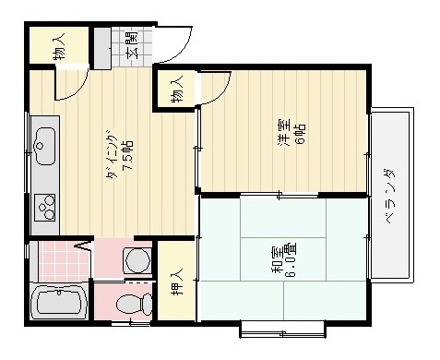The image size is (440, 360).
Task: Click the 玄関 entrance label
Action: coord(132,45)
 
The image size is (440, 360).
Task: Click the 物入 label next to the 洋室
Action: coord(175,90)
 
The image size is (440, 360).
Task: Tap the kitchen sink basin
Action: coord(43,143)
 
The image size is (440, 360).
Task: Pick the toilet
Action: coord(134,301)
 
